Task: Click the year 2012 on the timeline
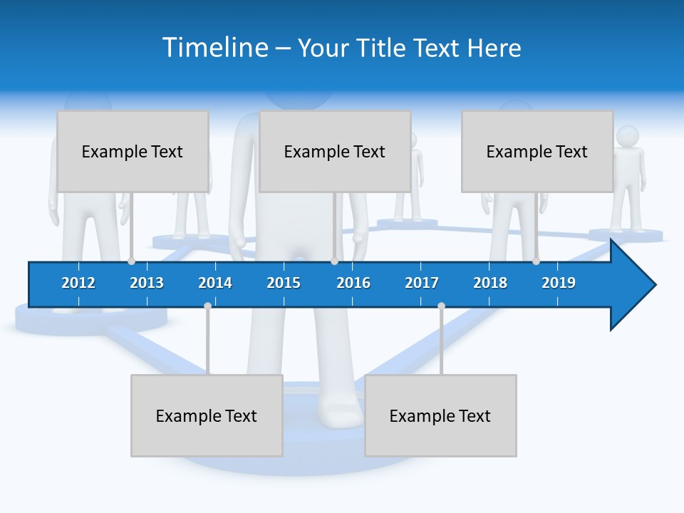pos(78,283)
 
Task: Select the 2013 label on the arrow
pos(147,283)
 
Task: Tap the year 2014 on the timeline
pos(215,283)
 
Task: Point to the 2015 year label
pos(284,283)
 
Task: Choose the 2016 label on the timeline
pos(353,283)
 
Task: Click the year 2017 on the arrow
pos(422,283)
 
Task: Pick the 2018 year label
pos(490,283)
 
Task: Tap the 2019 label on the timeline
pos(559,283)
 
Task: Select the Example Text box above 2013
pos(133,151)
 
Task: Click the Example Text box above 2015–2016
pos(335,151)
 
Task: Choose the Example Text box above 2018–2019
pos(537,151)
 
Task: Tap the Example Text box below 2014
pos(207,415)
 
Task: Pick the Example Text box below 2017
pos(440,415)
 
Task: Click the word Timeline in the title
pos(216,48)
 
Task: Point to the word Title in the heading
pos(383,48)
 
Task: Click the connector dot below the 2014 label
pos(207,306)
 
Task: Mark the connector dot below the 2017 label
pos(441,306)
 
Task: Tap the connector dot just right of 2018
pos(536,261)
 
